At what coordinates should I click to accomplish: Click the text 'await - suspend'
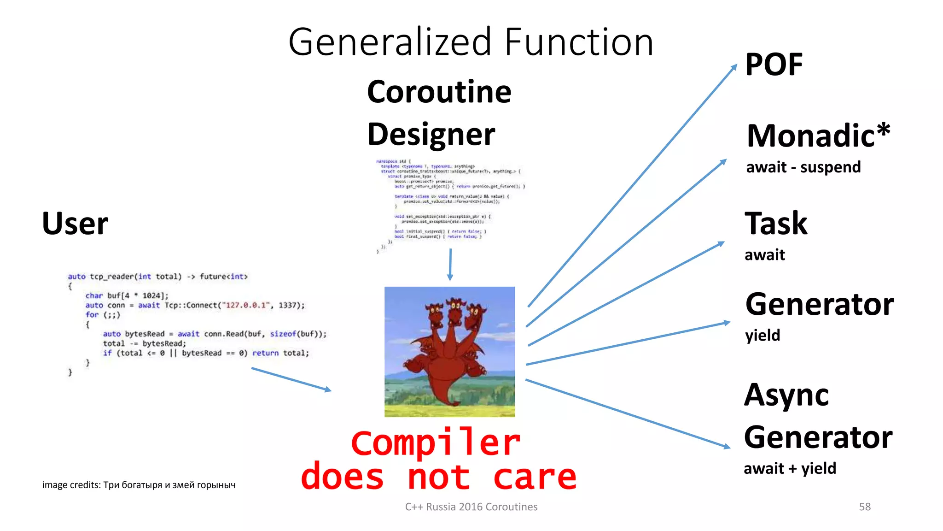tap(803, 167)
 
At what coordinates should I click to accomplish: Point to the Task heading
tap(776, 224)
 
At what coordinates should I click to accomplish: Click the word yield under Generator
tap(763, 335)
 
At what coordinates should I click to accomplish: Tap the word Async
tap(786, 395)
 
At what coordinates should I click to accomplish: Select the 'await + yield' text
tap(790, 468)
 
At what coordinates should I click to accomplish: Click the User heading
tap(75, 224)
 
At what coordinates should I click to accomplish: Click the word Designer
tap(431, 134)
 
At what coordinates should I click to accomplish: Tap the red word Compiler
tap(435, 443)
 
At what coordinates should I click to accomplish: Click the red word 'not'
tap(438, 477)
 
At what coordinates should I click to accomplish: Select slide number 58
tap(865, 507)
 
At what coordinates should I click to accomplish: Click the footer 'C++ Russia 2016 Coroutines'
tap(471, 507)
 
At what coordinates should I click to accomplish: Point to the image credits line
tap(139, 485)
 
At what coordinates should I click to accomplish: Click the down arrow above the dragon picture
tap(450, 265)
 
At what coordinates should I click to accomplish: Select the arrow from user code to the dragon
tap(291, 379)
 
